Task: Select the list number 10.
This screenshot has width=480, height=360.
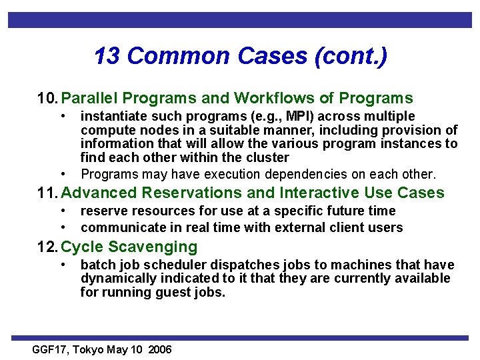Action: point(47,99)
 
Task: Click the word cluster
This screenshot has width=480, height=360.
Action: point(266,157)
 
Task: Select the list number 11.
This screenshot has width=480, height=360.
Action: point(47,193)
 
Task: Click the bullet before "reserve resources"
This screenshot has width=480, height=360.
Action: point(62,211)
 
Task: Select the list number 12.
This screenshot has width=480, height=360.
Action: point(47,247)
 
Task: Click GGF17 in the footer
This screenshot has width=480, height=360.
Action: point(51,349)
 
